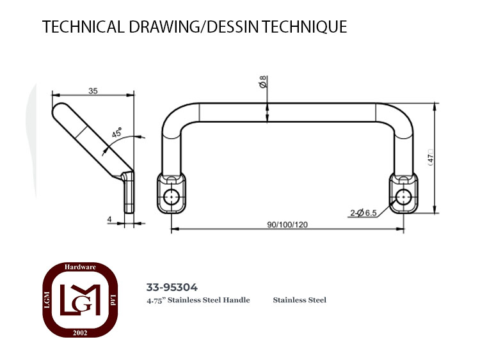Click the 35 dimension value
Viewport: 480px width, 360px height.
click(93, 91)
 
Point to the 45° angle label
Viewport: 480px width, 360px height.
click(116, 133)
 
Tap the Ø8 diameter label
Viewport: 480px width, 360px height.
click(263, 82)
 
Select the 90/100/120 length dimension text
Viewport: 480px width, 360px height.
click(287, 225)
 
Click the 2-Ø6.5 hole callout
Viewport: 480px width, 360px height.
click(364, 213)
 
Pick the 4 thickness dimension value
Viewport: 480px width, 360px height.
click(109, 219)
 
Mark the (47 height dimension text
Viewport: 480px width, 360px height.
click(431, 158)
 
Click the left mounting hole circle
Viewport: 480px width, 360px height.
click(171, 197)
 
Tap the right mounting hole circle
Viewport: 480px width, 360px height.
click(403, 197)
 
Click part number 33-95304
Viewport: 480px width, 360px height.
click(172, 287)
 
